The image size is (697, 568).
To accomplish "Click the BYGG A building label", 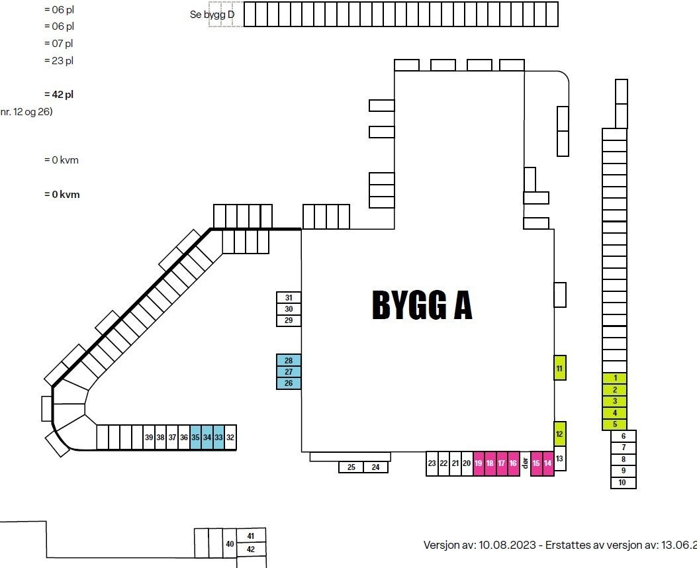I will [422, 305].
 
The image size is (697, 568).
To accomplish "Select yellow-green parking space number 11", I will [559, 368].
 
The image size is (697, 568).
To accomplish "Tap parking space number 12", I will [559, 434].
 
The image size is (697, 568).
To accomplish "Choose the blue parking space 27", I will [289, 372].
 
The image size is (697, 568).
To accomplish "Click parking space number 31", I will [289, 298].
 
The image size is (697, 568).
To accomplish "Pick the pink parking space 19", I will [479, 463].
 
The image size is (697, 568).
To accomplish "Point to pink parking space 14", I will [548, 463].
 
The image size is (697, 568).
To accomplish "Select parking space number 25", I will [351, 467].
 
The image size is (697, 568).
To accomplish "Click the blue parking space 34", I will [207, 438].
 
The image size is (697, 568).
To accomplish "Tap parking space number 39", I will [149, 438].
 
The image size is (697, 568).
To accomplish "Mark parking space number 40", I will [230, 544].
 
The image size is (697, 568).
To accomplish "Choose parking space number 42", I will [251, 549].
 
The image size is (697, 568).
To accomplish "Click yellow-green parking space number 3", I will [615, 401].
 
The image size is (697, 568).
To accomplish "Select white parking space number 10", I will [622, 483].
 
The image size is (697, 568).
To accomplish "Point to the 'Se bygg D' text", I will [212, 14].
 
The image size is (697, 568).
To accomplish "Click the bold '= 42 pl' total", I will [59, 95].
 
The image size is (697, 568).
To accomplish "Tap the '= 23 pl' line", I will [59, 61].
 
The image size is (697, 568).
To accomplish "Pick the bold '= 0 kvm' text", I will [62, 195].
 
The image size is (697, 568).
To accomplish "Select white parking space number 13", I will [559, 458].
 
